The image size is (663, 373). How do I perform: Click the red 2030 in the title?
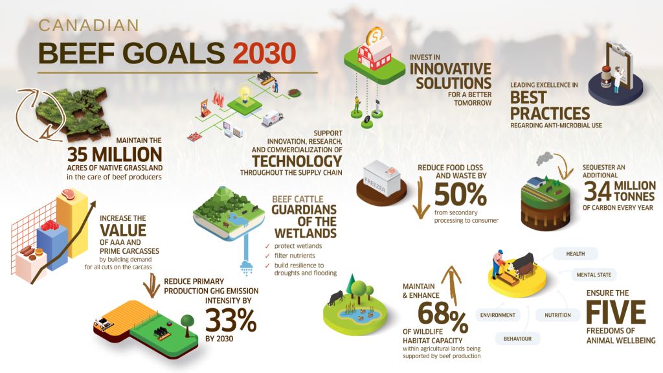[x=265, y=52]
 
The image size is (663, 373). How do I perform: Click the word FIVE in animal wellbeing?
[x=616, y=314]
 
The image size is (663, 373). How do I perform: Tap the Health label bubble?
[x=576, y=253]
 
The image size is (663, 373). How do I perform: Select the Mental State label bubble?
[x=593, y=275]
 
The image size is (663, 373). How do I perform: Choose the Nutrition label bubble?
[x=557, y=315]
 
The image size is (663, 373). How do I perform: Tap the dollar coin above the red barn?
[x=374, y=36]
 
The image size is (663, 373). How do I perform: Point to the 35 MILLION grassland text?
[x=114, y=155]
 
